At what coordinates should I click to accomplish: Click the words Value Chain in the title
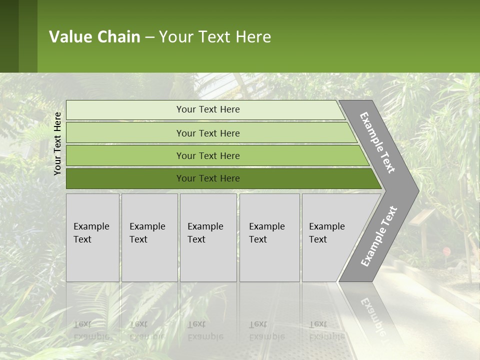pos(94,37)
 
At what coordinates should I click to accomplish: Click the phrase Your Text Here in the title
pos(215,37)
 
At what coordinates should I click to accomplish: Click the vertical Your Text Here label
pos(57,143)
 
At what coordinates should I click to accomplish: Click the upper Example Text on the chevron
pos(377,142)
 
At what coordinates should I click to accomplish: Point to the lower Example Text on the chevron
pos(379,236)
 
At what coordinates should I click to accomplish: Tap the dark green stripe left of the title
pos(9,36)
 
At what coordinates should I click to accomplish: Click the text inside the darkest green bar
pos(208,178)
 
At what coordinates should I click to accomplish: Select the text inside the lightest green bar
pos(208,109)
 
